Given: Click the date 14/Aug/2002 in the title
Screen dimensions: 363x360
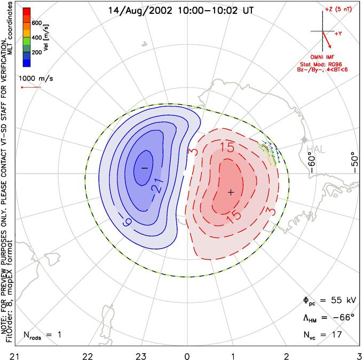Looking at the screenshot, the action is click(x=140, y=11).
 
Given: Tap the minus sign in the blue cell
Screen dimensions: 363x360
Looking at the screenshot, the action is click(x=145, y=168).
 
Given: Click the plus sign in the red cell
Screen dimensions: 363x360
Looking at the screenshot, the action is click(x=231, y=192).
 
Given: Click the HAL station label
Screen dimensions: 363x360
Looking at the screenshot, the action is click(x=316, y=149).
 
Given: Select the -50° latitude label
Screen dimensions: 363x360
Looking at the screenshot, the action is click(x=354, y=162).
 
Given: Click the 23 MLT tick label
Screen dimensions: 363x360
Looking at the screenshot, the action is click(x=141, y=356).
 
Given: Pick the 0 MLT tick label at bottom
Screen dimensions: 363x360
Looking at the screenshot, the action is click(x=187, y=356).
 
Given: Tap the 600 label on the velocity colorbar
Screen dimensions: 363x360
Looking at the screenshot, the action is click(x=37, y=23).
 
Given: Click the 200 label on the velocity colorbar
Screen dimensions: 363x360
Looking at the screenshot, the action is click(x=37, y=52).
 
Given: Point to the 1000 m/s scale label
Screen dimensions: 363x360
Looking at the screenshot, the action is click(x=36, y=79).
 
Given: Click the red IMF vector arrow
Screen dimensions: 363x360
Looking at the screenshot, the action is click(x=327, y=40).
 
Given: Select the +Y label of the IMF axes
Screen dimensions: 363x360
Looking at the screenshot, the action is click(x=338, y=34).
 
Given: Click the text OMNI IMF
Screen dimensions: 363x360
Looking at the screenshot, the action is click(x=322, y=57).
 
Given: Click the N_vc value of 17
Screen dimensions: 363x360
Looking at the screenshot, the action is click(x=337, y=334).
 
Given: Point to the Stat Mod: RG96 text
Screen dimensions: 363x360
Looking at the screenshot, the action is click(x=321, y=65).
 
